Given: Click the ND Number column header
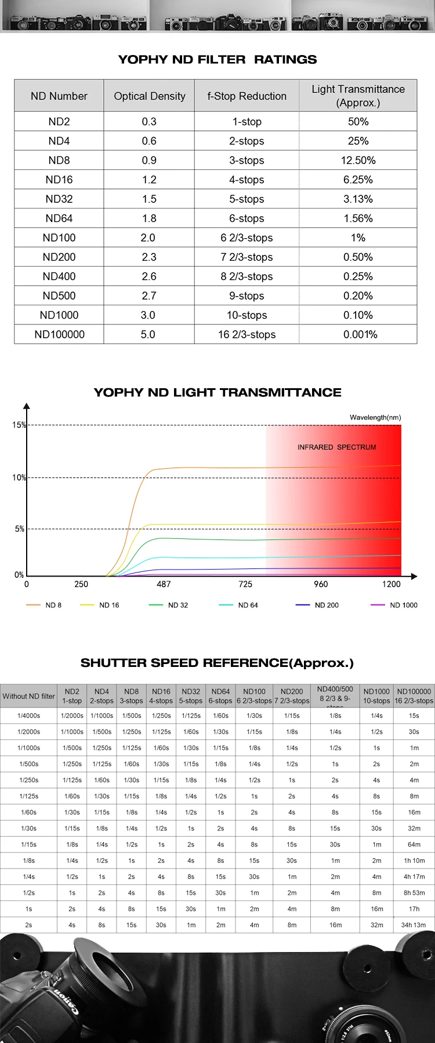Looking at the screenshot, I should tap(59, 96).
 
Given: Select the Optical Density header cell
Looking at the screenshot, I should tap(150, 96).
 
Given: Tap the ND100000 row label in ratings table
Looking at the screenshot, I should tap(59, 334).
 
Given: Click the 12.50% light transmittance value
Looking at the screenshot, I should tap(358, 161).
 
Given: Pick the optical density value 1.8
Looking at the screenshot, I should tap(149, 218).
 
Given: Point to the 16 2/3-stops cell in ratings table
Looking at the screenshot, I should tap(246, 334).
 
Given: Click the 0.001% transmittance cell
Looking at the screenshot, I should tap(360, 334).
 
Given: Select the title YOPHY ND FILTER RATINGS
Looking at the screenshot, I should tap(217, 60).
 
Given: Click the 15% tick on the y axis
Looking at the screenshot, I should tap(19, 425).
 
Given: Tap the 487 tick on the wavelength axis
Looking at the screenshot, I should tap(164, 584).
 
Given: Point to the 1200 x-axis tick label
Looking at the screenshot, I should tap(391, 584).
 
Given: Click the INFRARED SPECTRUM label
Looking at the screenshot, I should tap(336, 447).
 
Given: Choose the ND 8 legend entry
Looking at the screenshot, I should tap(44, 605).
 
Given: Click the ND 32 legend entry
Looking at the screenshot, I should tap(169, 605).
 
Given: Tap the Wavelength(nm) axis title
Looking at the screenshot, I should tap(375, 417).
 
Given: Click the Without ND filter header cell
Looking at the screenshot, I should tap(28, 696).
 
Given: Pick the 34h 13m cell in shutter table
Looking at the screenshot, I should tap(414, 925).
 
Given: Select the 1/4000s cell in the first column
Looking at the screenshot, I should tap(28, 716).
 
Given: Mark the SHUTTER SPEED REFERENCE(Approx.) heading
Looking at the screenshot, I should tap(217, 663).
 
